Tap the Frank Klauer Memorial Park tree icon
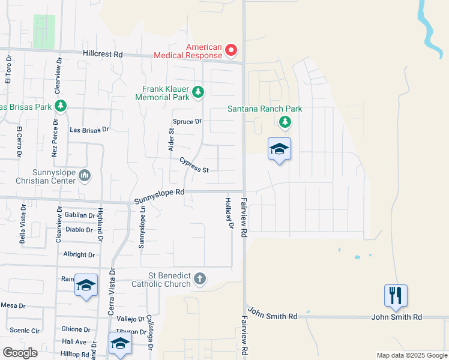point(198,92)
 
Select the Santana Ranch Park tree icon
point(285,122)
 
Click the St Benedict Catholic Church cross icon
point(200,278)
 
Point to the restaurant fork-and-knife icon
point(396,295)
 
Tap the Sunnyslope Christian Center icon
point(85,176)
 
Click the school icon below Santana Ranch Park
point(279,148)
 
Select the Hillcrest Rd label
point(103,54)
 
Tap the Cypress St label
point(193,166)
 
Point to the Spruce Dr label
point(188,121)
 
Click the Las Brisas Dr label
point(89,129)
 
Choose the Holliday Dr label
point(228,214)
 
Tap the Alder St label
point(171,139)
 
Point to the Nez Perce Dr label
point(54,140)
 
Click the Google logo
point(20,353)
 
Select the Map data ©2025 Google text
point(411,355)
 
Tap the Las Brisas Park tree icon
point(61,106)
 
